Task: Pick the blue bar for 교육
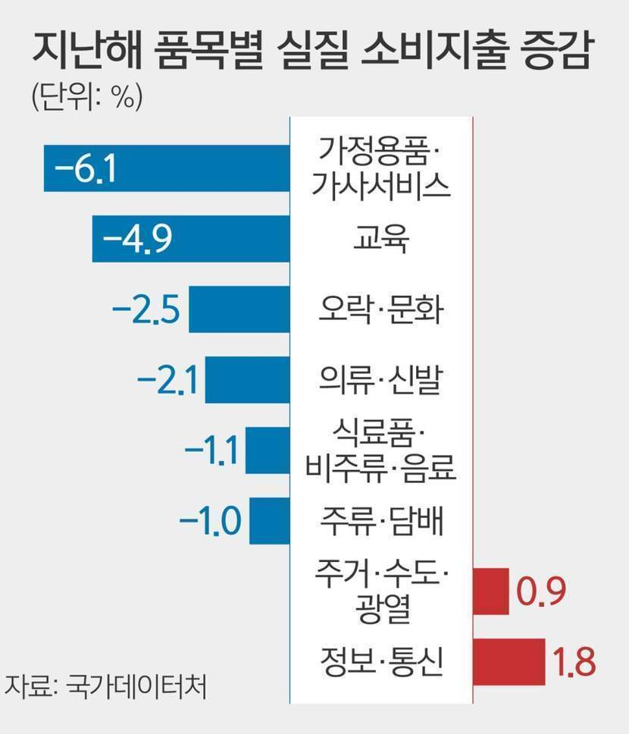tap(227, 239)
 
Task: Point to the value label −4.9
tap(137, 239)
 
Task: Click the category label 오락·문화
tap(380, 309)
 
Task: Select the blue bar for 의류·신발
tap(247, 380)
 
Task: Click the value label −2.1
tap(167, 380)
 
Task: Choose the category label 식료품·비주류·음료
tap(380, 451)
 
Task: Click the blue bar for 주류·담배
tap(269, 521)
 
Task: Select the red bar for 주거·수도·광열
tap(490, 590)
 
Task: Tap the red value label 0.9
tap(540, 591)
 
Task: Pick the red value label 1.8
tap(574, 661)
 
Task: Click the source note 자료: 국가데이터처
tap(105, 685)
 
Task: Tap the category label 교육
tap(380, 239)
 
